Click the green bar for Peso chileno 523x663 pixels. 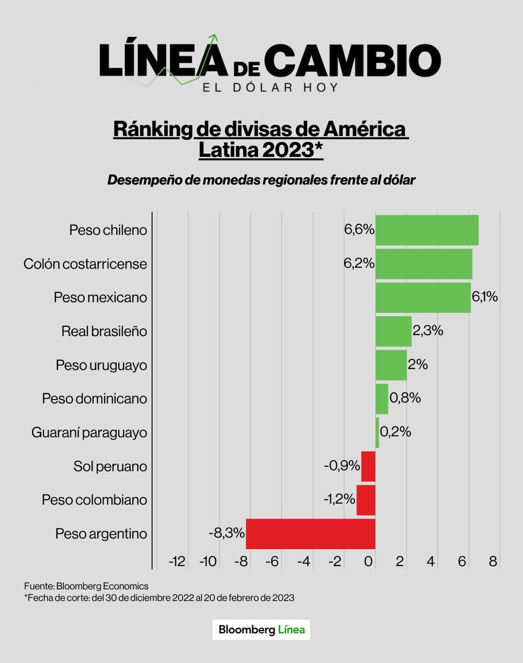click(x=426, y=230)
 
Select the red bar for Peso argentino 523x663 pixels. click(x=311, y=534)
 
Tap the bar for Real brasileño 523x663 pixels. click(x=393, y=331)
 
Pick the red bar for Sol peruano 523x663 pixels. click(x=368, y=466)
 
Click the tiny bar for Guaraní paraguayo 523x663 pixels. click(x=377, y=432)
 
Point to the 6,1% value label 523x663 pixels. click(x=484, y=297)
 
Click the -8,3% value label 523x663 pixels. click(x=226, y=533)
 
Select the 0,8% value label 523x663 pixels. click(x=405, y=398)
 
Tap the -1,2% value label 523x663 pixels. click(x=339, y=499)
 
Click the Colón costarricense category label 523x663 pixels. click(x=85, y=264)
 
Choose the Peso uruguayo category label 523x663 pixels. click(x=101, y=365)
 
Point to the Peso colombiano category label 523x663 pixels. click(x=94, y=500)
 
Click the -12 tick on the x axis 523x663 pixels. click(x=177, y=562)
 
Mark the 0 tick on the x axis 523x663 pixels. click(x=369, y=562)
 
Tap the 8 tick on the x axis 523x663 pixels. click(x=493, y=562)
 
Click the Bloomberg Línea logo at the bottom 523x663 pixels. click(x=261, y=630)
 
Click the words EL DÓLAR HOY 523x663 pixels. click(x=270, y=87)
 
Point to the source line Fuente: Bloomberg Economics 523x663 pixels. click(x=86, y=586)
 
